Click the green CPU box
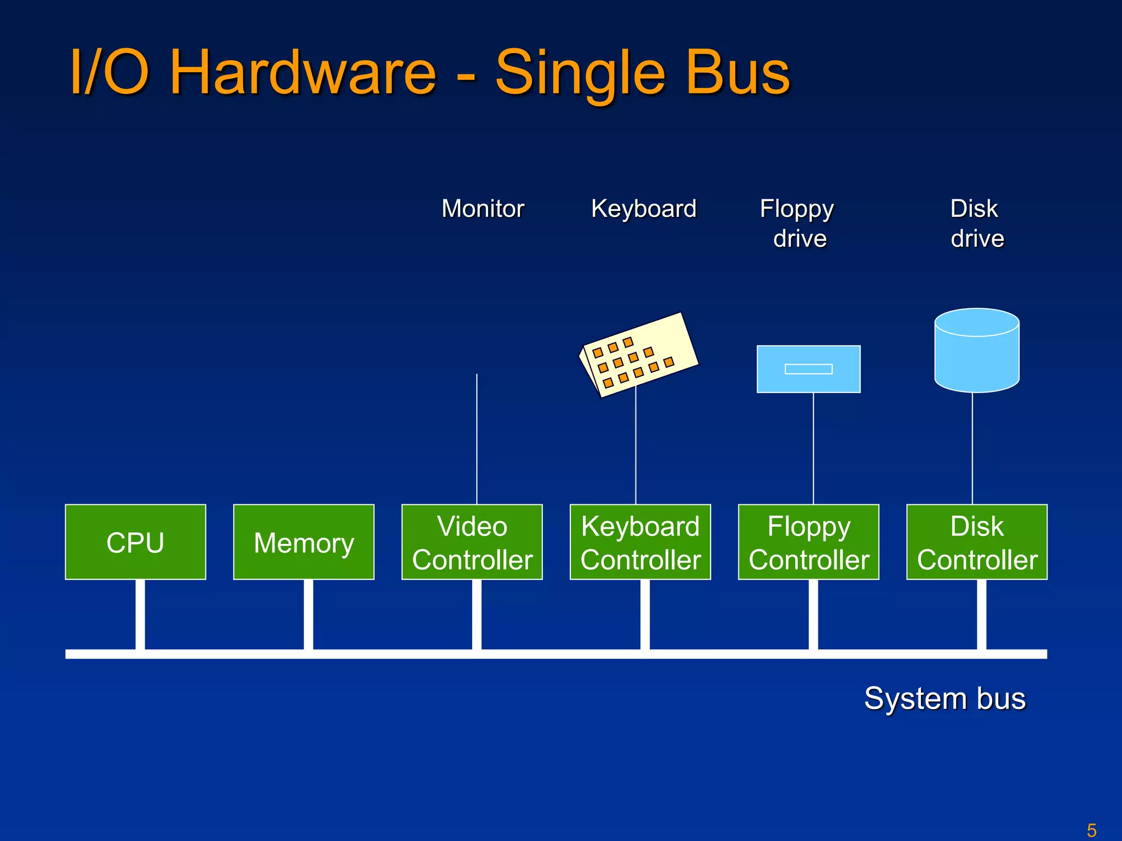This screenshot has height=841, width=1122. [135, 542]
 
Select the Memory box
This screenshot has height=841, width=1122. [304, 542]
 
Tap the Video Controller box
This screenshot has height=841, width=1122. [472, 542]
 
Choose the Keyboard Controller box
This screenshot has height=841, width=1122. [640, 542]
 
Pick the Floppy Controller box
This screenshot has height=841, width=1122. [808, 542]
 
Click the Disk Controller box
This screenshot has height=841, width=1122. [976, 542]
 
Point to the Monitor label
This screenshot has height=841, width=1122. [483, 209]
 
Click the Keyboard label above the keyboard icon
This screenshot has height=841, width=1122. [643, 209]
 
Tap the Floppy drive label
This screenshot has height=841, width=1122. [798, 223]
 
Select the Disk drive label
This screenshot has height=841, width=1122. [976, 223]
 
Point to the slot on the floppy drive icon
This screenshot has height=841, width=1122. [808, 369]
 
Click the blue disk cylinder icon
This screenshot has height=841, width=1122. [976, 356]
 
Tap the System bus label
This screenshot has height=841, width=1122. [944, 699]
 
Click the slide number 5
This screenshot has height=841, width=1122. [1091, 830]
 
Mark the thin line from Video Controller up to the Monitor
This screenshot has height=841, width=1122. [477, 438]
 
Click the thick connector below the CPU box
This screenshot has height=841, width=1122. [140, 614]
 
